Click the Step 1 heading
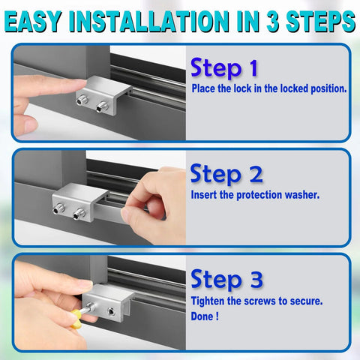[x=224, y=69]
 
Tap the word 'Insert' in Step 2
[x=206, y=195]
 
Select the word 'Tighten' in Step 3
[x=210, y=300]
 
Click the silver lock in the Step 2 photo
[x=82, y=200]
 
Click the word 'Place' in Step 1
[x=205, y=88]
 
